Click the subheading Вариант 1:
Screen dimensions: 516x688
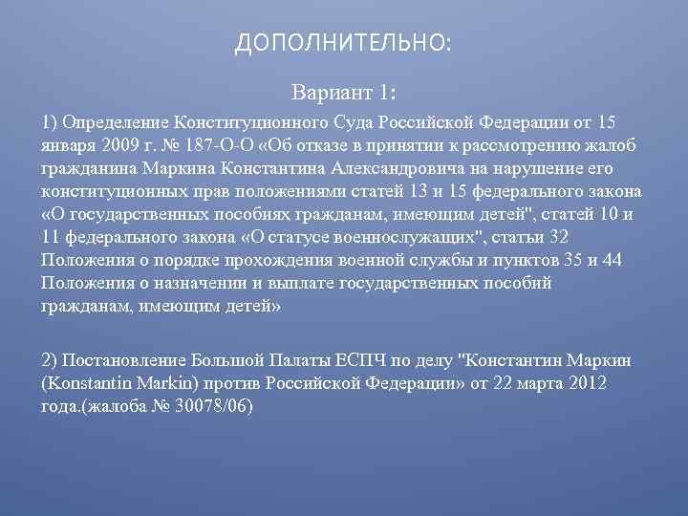(x=343, y=95)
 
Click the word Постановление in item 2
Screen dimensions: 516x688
(x=124, y=360)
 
